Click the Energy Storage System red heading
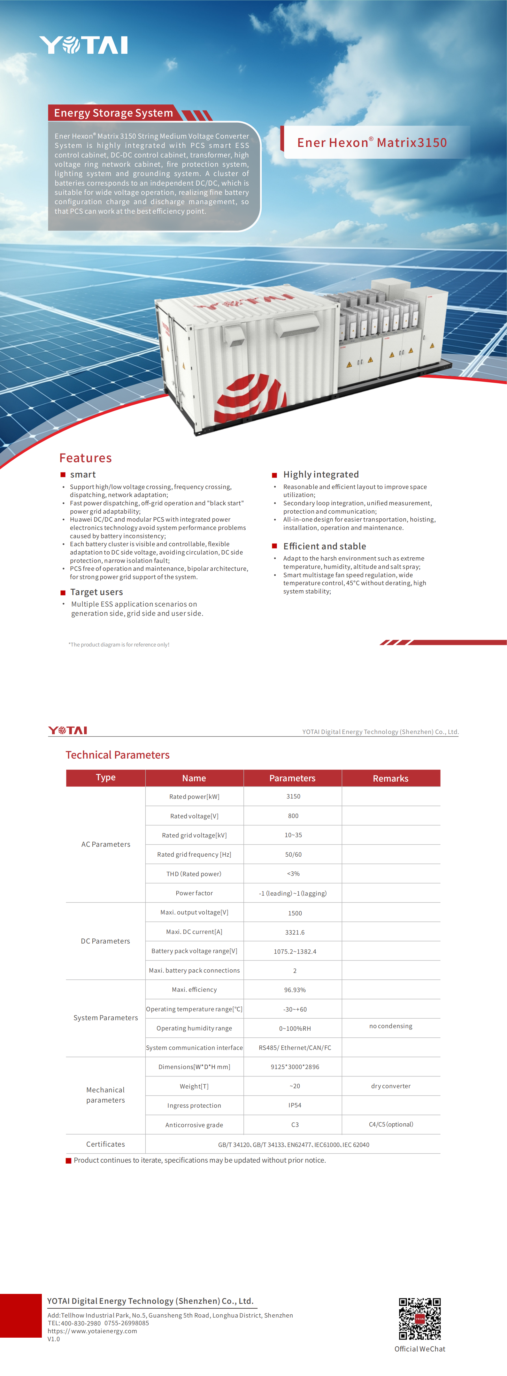113,113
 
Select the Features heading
86,458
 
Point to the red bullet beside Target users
63,592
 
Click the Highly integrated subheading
320,474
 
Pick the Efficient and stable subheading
324,546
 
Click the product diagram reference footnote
119,645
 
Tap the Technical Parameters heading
118,755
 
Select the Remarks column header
390,778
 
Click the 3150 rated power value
293,796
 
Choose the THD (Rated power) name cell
194,874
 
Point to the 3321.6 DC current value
295,932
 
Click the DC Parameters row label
105,941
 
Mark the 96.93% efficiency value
295,990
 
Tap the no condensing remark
390,1026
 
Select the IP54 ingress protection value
295,1105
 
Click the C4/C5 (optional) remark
390,1124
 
